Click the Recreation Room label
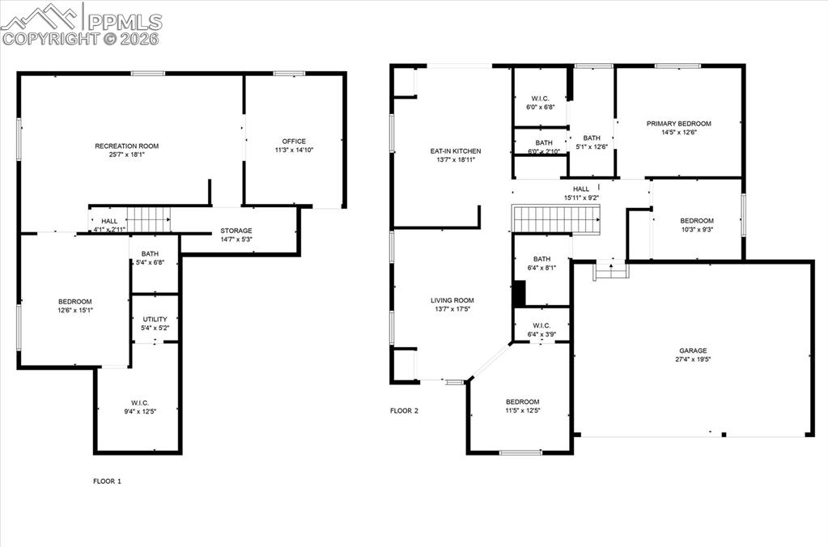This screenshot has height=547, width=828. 126,146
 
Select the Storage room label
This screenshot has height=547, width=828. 236,231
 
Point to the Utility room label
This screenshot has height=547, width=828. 155,320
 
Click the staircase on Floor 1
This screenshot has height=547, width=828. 150,218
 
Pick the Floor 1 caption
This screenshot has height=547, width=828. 107,481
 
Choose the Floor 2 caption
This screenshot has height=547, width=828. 404,411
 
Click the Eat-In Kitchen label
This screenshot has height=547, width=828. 455,151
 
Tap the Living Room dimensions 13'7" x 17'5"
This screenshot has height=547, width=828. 452,309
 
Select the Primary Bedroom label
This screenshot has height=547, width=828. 678,124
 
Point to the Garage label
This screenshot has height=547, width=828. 693,350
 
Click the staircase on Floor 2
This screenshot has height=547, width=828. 556,218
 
